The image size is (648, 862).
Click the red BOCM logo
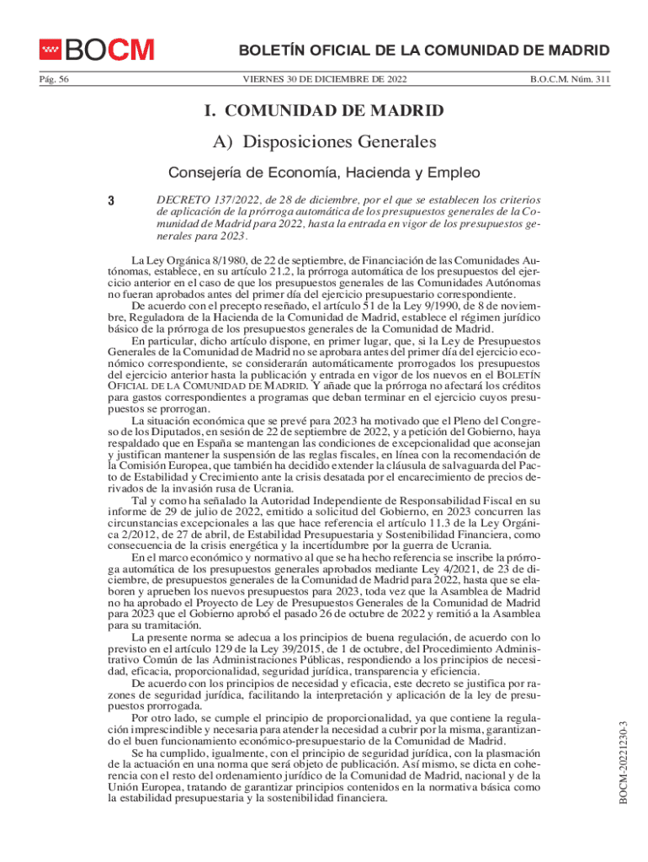(x=96, y=50)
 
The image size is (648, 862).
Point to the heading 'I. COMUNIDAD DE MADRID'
(x=325, y=111)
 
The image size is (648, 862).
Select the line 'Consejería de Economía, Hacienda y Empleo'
(x=325, y=173)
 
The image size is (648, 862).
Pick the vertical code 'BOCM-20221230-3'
(x=624, y=767)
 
